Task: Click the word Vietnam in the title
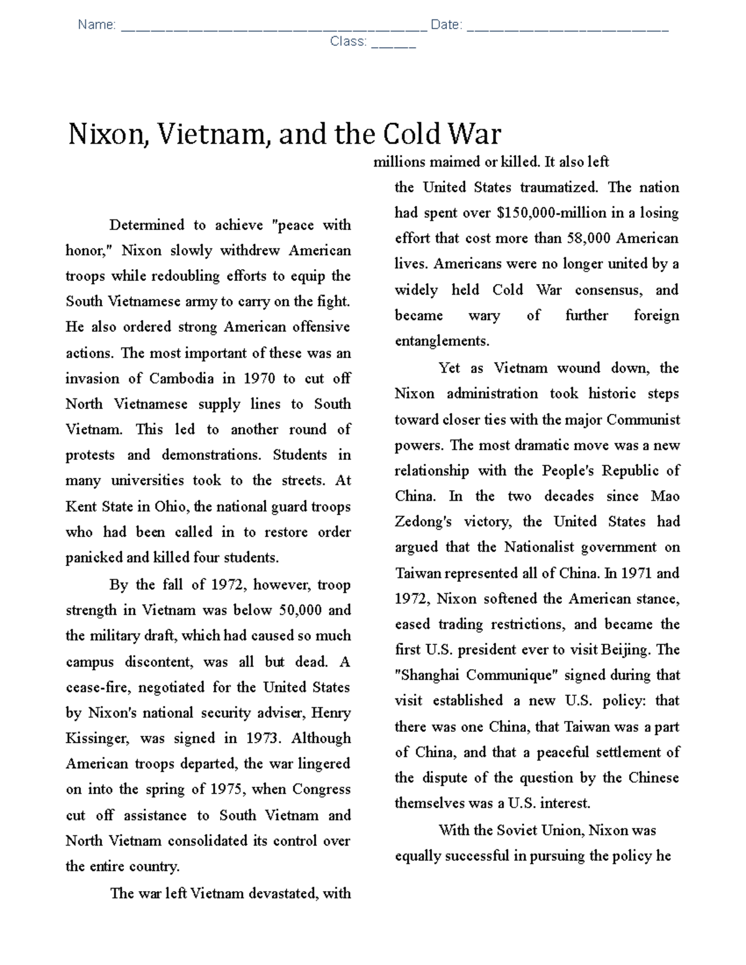click(211, 135)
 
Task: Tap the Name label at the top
click(96, 25)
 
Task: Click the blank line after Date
click(567, 26)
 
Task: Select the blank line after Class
click(393, 43)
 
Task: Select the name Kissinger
click(98, 738)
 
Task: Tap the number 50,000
click(300, 610)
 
